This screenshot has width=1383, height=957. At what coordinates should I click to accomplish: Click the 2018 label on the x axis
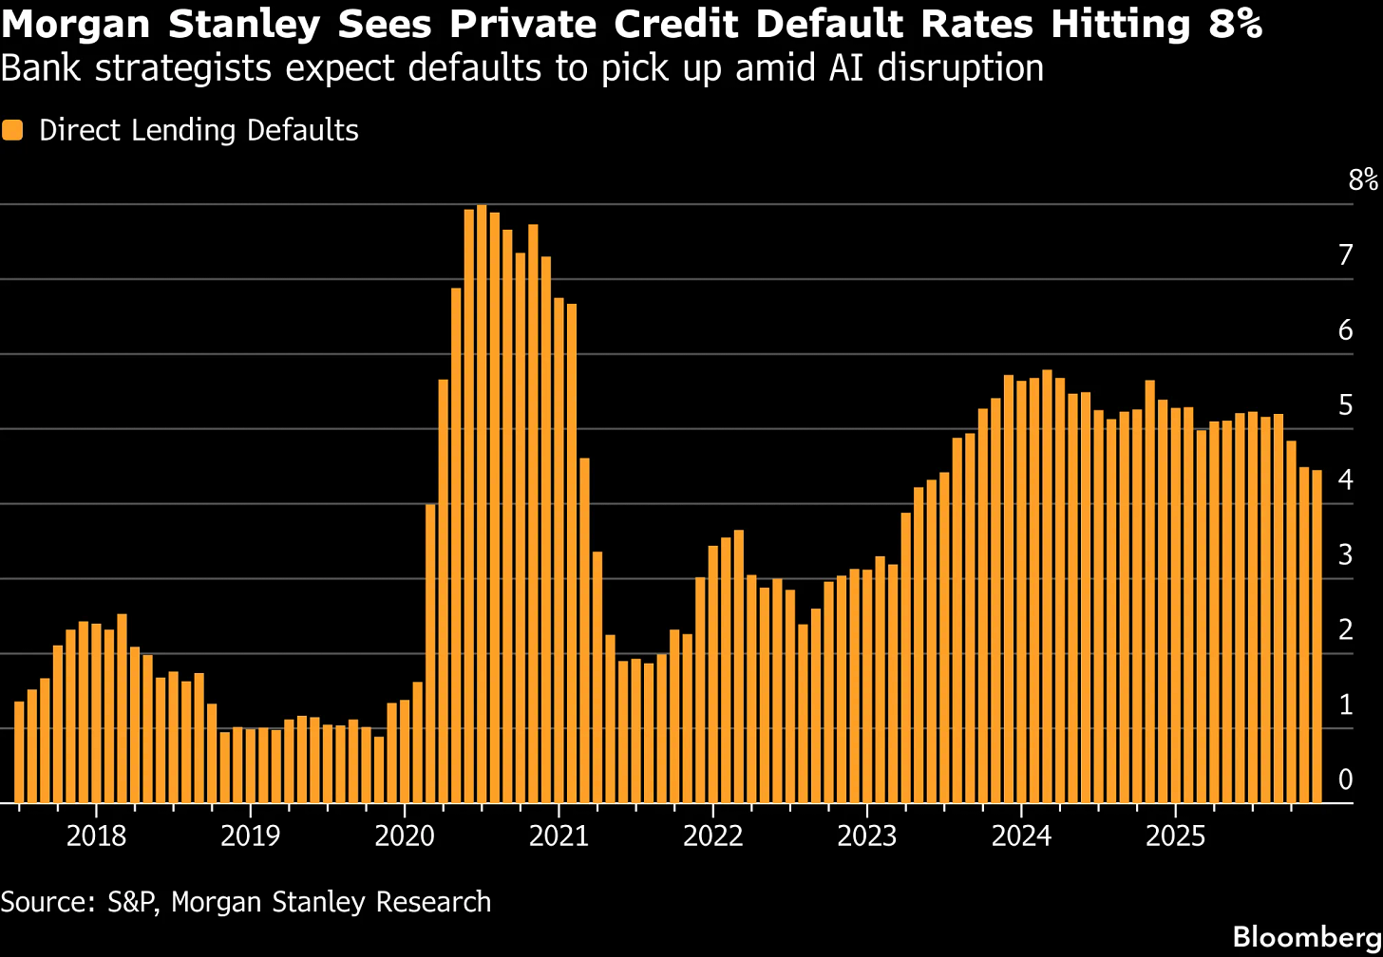tap(96, 836)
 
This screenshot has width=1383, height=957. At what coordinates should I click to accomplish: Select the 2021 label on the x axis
tap(559, 836)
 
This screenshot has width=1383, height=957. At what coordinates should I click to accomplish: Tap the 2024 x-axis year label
tap(1020, 836)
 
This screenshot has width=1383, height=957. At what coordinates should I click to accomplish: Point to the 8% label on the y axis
tap(1362, 180)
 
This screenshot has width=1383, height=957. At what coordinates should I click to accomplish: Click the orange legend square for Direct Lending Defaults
tap(12, 130)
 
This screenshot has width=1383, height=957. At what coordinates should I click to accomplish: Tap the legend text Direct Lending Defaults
tap(199, 130)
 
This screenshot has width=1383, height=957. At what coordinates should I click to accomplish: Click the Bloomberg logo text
tap(1306, 935)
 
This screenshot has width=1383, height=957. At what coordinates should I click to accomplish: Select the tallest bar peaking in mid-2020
tap(482, 503)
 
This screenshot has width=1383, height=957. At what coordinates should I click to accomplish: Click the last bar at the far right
tap(1317, 636)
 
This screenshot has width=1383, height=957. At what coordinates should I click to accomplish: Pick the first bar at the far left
tap(19, 752)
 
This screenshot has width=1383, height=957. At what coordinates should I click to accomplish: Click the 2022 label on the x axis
tap(712, 836)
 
